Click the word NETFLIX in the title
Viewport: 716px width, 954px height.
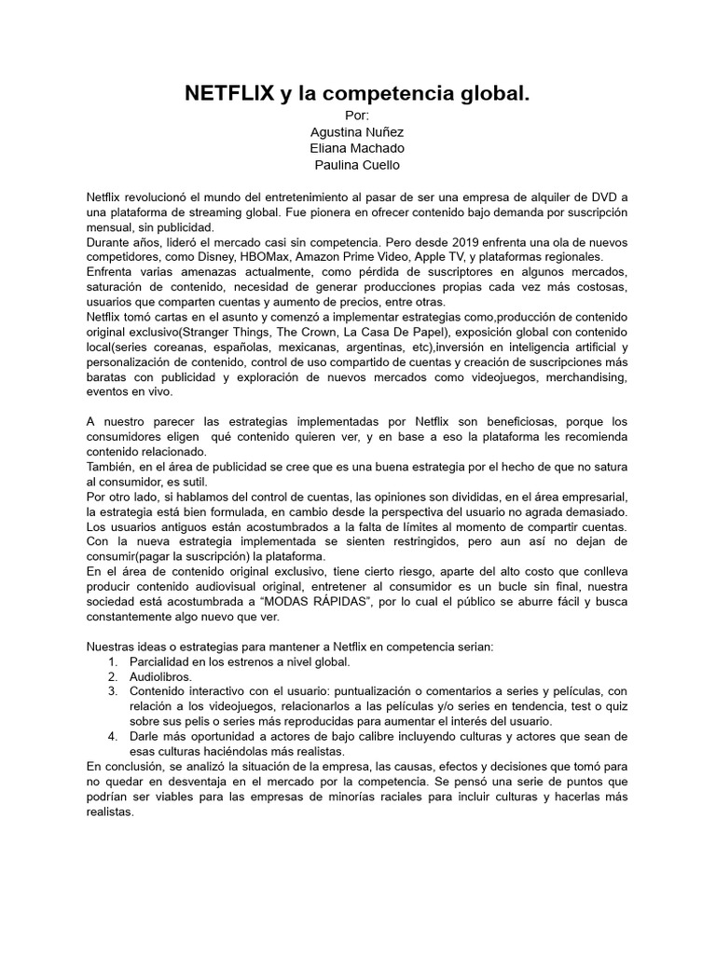click(x=229, y=93)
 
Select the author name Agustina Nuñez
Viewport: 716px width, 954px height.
click(x=357, y=131)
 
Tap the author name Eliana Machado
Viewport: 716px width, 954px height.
click(x=357, y=148)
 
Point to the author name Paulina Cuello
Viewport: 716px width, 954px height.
click(x=358, y=165)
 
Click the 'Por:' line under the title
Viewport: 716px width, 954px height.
click(x=357, y=115)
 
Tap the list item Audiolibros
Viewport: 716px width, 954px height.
click(x=161, y=676)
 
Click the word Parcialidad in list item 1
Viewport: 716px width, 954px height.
click(x=165, y=661)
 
